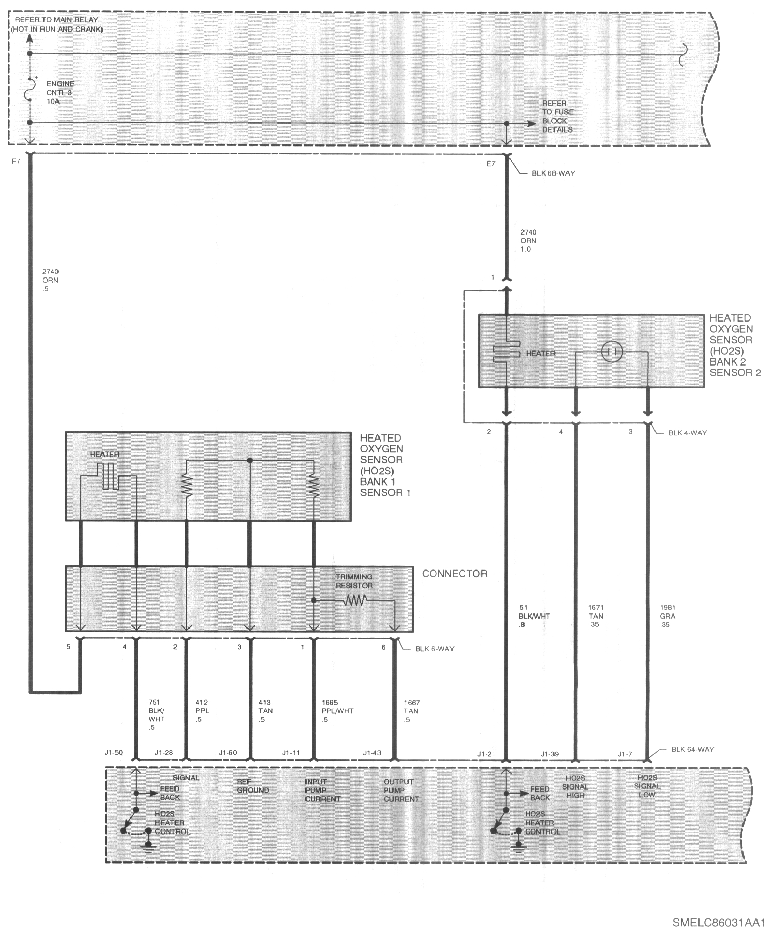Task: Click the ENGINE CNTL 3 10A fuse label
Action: click(x=60, y=93)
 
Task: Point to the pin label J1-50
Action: click(x=113, y=752)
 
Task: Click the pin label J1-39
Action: click(x=549, y=754)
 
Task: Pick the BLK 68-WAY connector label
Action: click(x=553, y=173)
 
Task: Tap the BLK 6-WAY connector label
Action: click(x=434, y=649)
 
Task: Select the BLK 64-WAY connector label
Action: click(x=692, y=749)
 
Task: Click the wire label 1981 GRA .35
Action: click(x=667, y=616)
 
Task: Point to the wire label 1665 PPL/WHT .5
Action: click(x=337, y=711)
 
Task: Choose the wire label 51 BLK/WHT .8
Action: click(x=534, y=616)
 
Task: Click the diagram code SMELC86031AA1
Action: click(x=719, y=923)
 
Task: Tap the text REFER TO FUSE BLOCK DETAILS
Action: click(x=558, y=116)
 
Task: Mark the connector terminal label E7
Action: click(x=490, y=164)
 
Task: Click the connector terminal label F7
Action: click(x=16, y=162)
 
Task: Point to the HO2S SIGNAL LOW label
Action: click(x=647, y=786)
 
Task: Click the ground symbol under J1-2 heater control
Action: click(x=516, y=848)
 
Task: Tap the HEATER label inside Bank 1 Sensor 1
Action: click(x=105, y=455)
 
